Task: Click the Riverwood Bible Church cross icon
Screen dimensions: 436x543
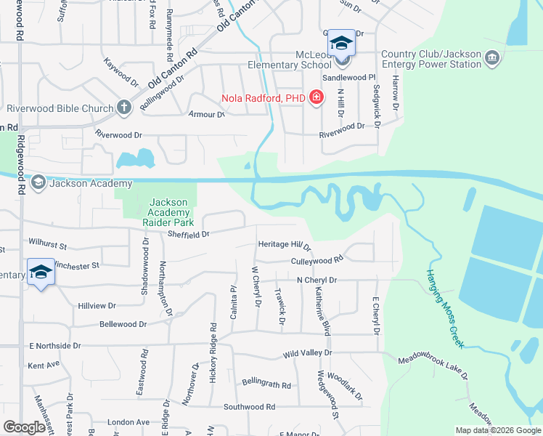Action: click(124, 108)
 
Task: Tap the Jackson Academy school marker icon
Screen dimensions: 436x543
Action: click(38, 183)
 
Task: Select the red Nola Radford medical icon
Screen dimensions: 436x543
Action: click(316, 97)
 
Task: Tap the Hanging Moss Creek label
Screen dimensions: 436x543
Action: click(444, 308)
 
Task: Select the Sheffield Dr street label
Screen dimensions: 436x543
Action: click(189, 234)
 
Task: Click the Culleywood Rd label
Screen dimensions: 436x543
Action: click(317, 259)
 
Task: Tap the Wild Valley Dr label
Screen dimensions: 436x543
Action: click(307, 353)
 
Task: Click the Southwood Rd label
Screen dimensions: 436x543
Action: click(249, 407)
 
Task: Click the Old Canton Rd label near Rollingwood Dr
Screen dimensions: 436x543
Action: click(172, 69)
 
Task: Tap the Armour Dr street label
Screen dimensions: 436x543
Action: click(206, 115)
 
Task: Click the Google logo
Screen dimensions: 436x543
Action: click(25, 427)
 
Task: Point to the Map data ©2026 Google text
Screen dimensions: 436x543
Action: click(497, 430)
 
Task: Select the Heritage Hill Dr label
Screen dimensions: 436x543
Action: click(284, 246)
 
